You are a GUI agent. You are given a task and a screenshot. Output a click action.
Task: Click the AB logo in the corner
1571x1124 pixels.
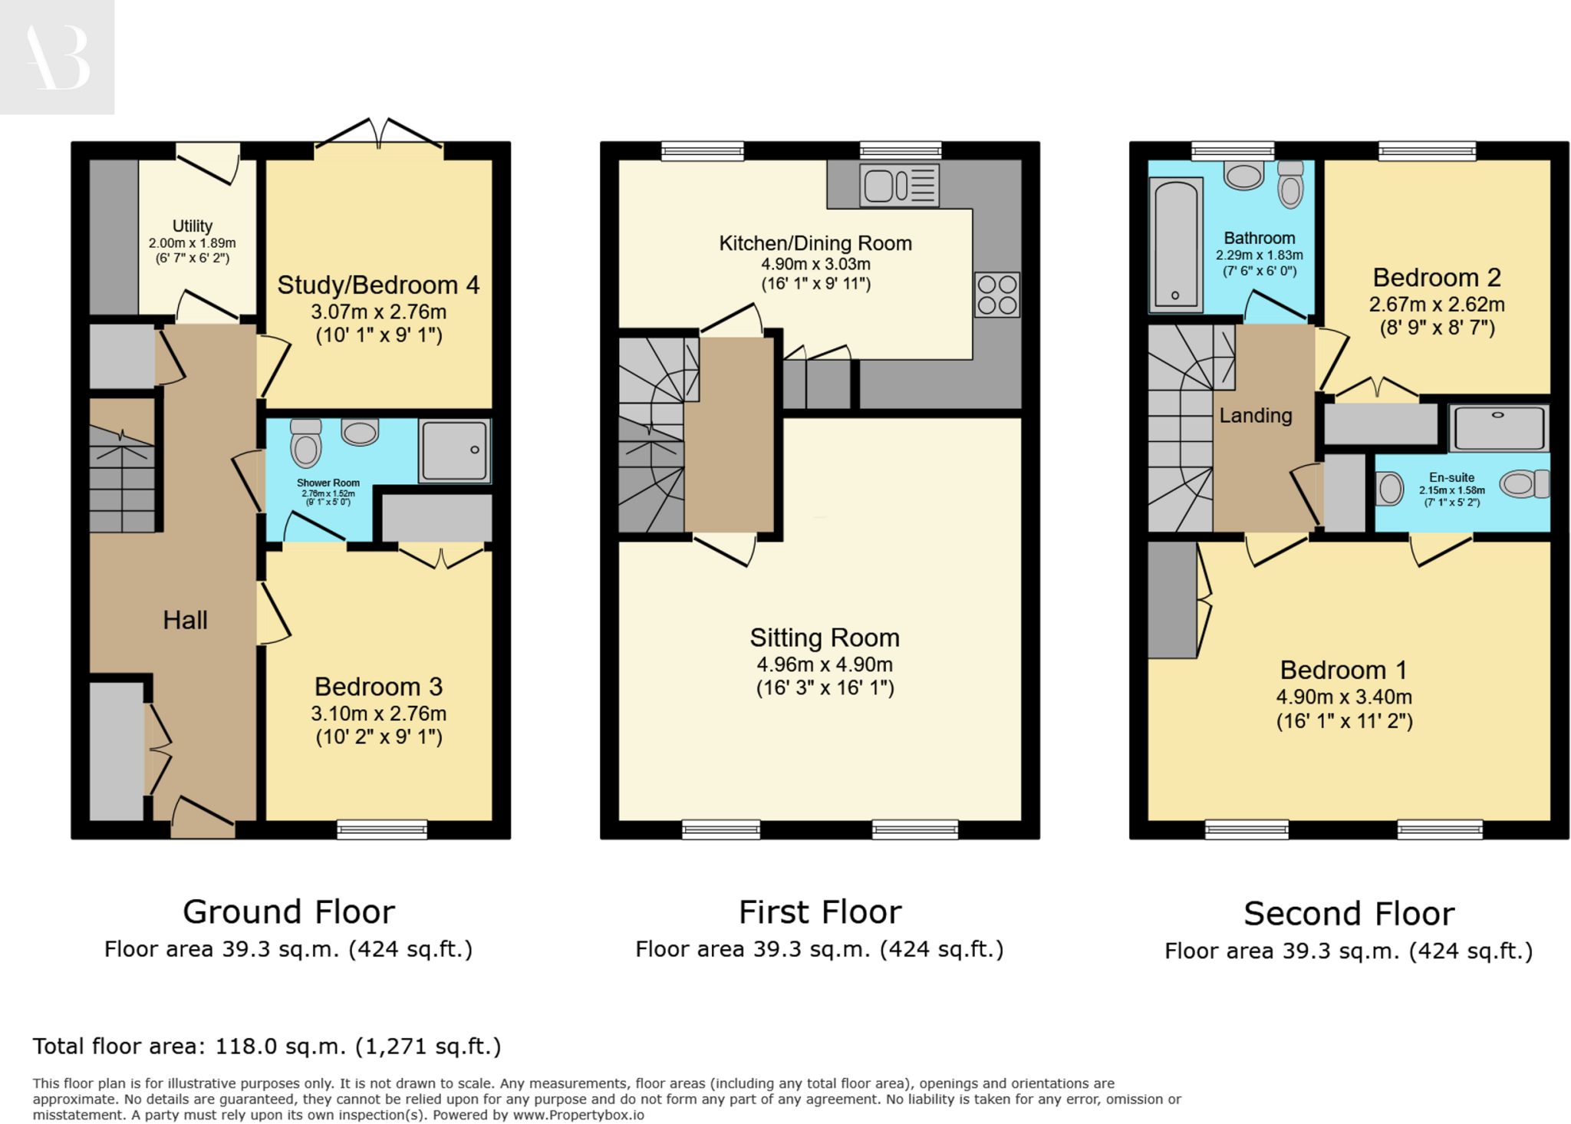pyautogui.click(x=57, y=57)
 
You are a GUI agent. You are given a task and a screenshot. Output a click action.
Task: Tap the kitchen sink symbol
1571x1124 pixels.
pyautogui.click(x=899, y=185)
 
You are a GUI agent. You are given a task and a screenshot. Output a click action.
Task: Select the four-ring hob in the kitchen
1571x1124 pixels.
pyautogui.click(x=996, y=295)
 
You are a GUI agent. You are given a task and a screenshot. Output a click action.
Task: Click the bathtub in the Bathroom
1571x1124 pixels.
pyautogui.click(x=1175, y=245)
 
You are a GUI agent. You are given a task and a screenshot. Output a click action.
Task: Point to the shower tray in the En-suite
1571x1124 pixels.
pyautogui.click(x=1498, y=428)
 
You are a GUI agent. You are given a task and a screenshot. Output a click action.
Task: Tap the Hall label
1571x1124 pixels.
pyautogui.click(x=185, y=620)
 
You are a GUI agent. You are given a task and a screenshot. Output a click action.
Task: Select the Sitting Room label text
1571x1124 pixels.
pyautogui.click(x=824, y=638)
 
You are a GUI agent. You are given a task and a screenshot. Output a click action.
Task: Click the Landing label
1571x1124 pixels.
pyautogui.click(x=1255, y=415)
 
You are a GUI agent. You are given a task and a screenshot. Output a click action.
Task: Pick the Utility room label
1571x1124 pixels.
pyautogui.click(x=192, y=226)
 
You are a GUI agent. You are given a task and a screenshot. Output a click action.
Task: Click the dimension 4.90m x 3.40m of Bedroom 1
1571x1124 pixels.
pyautogui.click(x=1343, y=697)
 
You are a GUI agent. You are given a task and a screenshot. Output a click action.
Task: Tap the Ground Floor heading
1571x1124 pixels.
pyautogui.click(x=288, y=911)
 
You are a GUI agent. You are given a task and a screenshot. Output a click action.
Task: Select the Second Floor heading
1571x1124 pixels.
pyautogui.click(x=1348, y=913)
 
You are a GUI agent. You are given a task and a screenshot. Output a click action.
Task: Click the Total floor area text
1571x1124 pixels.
pyautogui.click(x=266, y=1046)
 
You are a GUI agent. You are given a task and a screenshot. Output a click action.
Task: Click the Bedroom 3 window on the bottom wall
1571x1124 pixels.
pyautogui.click(x=381, y=829)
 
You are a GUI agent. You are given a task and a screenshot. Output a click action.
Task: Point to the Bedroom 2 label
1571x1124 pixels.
pyautogui.click(x=1436, y=277)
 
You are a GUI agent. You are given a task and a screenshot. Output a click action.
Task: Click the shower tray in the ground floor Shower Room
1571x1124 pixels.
pyautogui.click(x=454, y=450)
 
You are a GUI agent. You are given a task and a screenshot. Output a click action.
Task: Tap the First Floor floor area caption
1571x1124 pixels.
pyautogui.click(x=818, y=949)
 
